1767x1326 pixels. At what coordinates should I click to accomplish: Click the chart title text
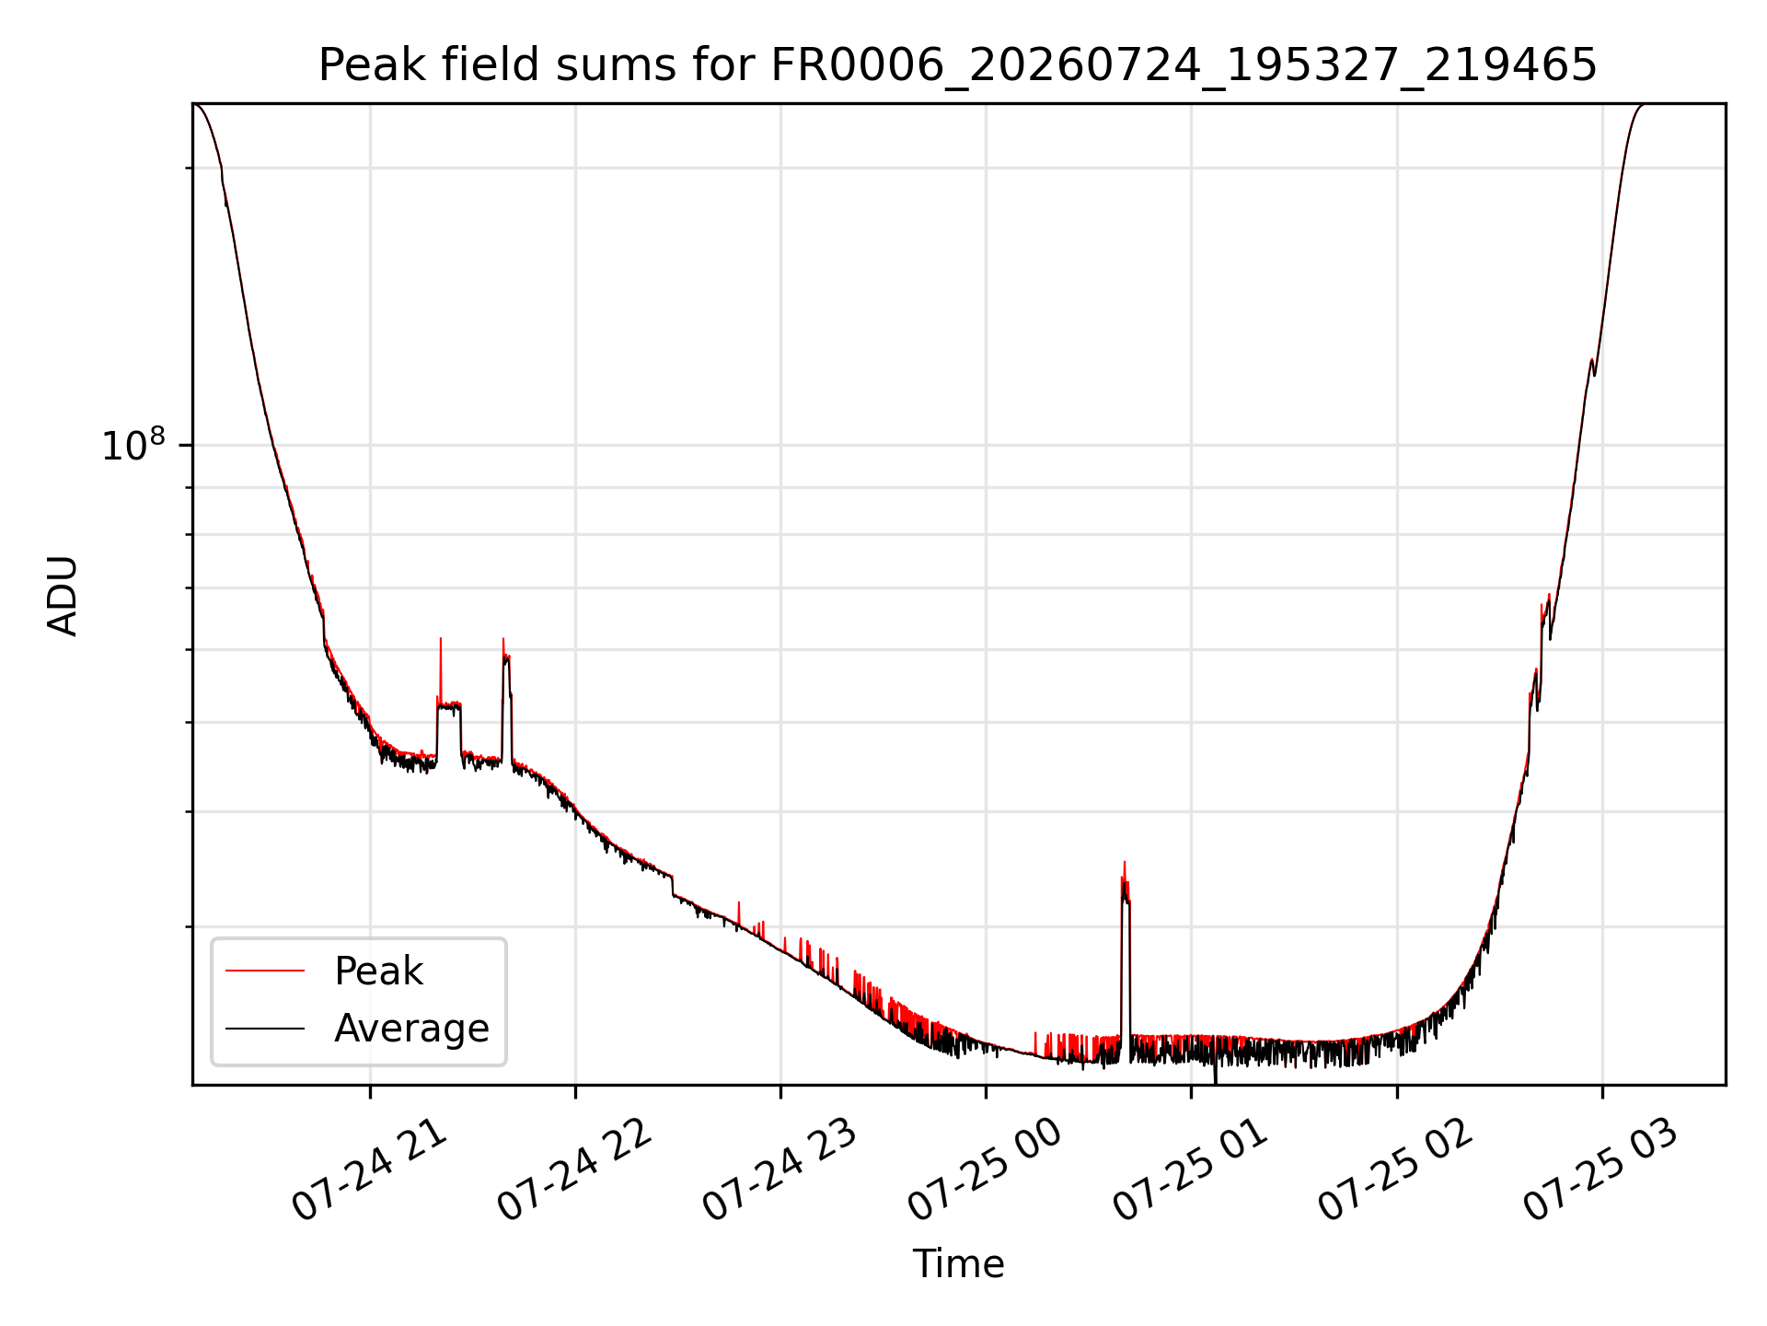pos(957,65)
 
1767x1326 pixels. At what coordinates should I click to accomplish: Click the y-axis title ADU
pos(63,595)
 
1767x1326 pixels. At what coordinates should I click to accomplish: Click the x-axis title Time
pos(958,1264)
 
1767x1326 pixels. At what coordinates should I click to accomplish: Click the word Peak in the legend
pos(378,971)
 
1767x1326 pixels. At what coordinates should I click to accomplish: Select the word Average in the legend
pos(411,1029)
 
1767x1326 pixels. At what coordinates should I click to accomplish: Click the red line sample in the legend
pos(265,971)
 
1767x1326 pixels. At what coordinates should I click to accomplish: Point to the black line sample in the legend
pos(265,1028)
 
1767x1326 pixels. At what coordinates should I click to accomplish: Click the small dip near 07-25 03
pos(1594,369)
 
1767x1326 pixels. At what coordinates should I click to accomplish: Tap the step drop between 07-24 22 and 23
pos(674,885)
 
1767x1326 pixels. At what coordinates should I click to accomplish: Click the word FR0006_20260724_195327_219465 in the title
pos(1184,65)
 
